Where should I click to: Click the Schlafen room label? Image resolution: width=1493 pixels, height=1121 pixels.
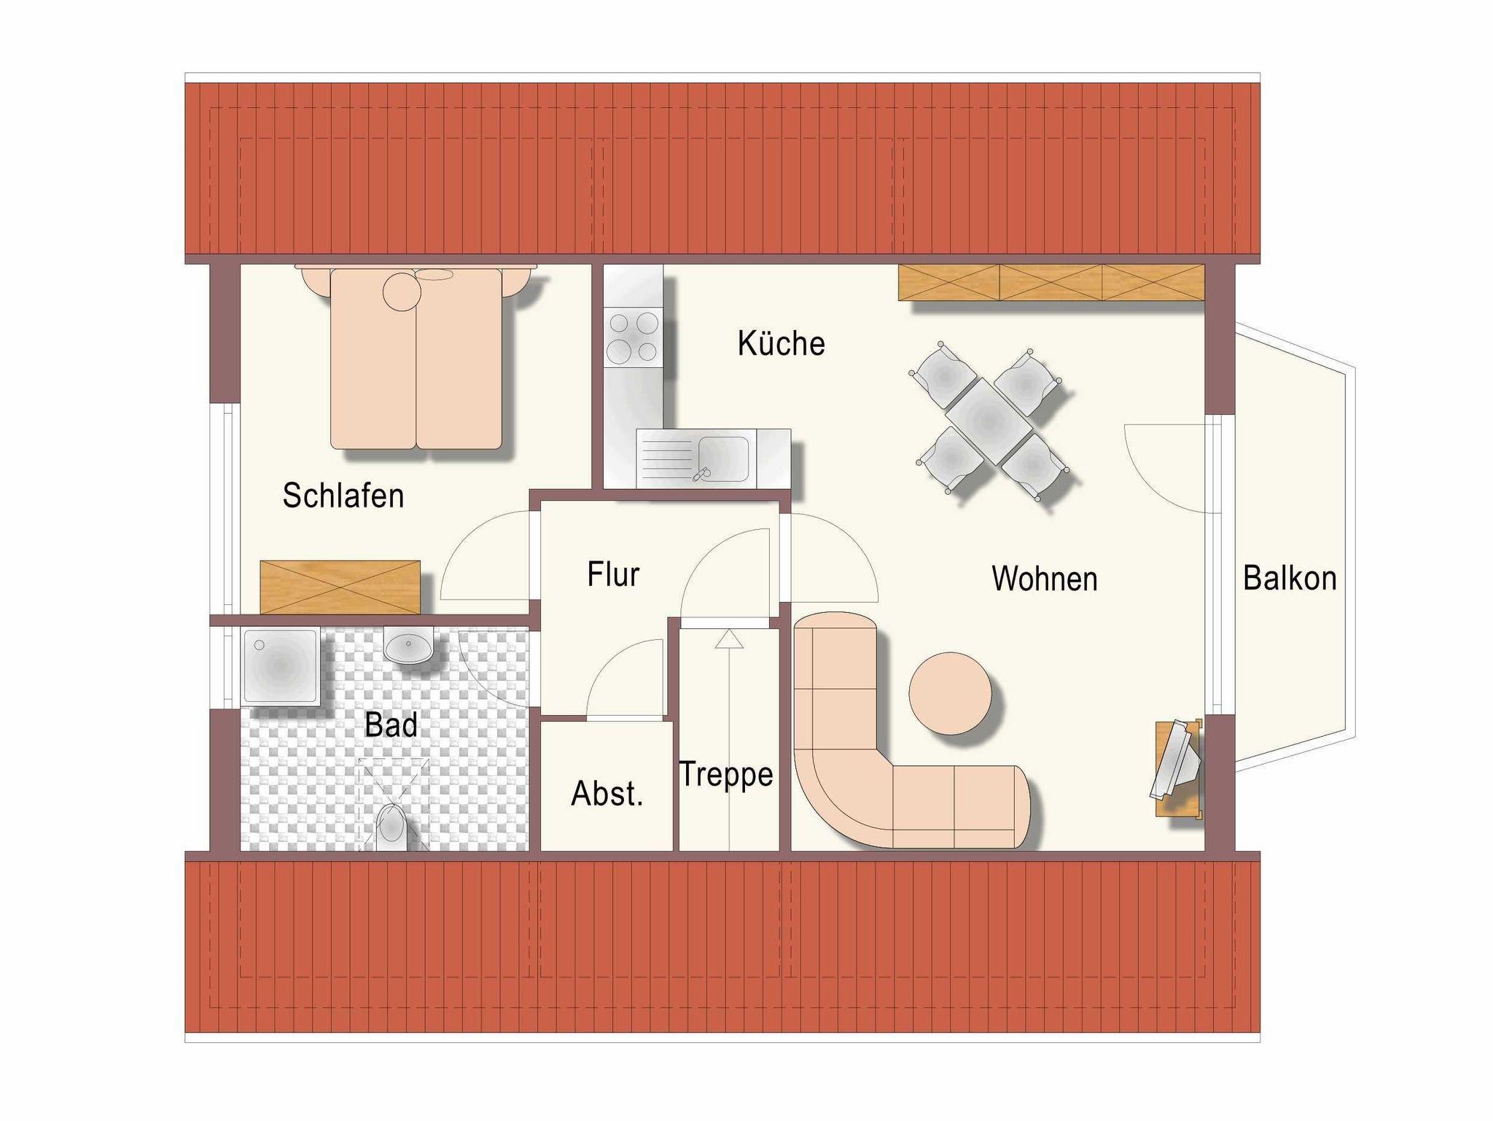tap(343, 496)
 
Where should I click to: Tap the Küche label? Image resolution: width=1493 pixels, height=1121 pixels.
tap(781, 343)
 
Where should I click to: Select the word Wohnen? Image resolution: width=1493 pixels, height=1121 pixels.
tap(1044, 579)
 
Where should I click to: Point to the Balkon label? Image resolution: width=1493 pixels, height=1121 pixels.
tap(1290, 578)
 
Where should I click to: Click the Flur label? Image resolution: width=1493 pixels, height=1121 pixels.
tap(613, 574)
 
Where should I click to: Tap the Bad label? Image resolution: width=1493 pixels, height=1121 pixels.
tap(391, 725)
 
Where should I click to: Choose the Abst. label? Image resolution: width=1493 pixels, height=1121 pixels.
tap(607, 794)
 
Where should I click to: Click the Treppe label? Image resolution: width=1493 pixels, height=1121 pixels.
tap(725, 775)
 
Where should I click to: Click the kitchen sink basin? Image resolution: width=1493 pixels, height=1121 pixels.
tap(722, 458)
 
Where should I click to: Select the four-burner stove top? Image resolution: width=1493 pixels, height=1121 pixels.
tap(633, 337)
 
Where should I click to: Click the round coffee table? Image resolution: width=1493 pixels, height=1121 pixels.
tap(950, 693)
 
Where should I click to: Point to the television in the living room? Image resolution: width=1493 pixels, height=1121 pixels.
tap(1176, 762)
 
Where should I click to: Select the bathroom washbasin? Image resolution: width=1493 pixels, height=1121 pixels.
tap(408, 646)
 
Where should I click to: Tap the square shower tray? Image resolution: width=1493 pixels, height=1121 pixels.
tap(281, 667)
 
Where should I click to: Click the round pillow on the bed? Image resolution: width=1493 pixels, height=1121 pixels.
tap(402, 292)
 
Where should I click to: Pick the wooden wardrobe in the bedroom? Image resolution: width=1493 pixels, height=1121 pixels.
tap(340, 587)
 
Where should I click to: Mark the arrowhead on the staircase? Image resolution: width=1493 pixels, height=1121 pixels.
tap(729, 639)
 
